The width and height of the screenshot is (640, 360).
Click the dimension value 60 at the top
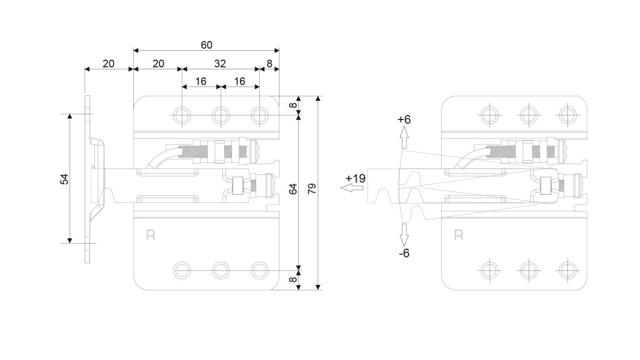206,45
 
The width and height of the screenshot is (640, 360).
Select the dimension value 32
220,63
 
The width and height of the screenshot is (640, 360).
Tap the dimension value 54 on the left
65,179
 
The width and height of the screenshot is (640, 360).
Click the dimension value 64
293,189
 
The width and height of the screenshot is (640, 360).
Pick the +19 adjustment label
355,179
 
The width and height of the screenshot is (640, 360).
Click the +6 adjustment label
404,119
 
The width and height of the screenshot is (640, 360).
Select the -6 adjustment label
404,253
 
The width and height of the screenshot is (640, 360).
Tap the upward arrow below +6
404,138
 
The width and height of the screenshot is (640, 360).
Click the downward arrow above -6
404,235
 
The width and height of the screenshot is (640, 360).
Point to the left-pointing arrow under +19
351,188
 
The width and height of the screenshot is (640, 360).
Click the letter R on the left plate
150,235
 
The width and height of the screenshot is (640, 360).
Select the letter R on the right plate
459,235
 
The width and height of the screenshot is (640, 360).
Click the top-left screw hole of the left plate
182,115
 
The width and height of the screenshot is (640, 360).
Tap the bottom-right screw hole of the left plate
259,270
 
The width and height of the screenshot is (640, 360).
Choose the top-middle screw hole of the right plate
529,115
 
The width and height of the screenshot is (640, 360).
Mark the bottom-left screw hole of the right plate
490,270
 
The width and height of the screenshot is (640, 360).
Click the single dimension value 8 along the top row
269,63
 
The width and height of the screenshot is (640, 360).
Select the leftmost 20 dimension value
109,63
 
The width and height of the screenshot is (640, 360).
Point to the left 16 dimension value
201,82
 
